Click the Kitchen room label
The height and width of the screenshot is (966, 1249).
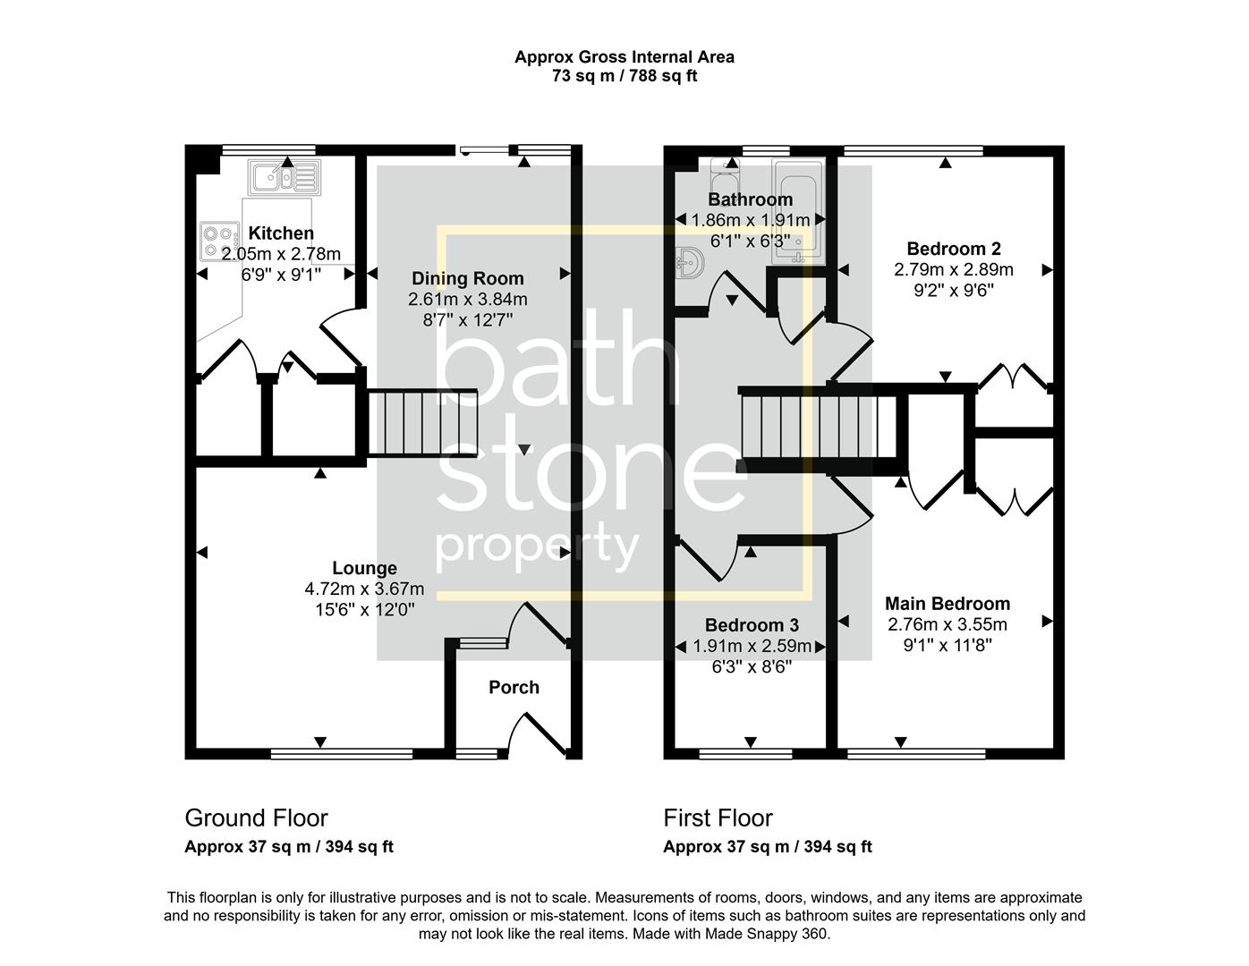point(281,233)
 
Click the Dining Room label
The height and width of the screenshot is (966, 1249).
point(467,278)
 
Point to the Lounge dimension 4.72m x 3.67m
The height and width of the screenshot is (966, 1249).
point(364,589)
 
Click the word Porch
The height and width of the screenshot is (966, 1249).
point(514,687)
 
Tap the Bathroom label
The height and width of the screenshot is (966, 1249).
point(750,199)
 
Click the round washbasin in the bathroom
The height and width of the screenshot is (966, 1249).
point(691,263)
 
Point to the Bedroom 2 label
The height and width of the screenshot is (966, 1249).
point(954,249)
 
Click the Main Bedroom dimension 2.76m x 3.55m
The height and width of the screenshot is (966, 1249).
point(947,624)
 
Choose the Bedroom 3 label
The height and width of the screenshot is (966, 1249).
point(752,625)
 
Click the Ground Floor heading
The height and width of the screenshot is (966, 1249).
point(256,818)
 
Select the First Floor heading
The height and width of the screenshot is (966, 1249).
point(718,818)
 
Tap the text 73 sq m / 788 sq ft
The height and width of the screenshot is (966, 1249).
point(624,76)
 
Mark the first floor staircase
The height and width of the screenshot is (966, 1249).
point(817,427)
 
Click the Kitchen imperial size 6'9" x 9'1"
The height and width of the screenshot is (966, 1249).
point(281,275)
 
